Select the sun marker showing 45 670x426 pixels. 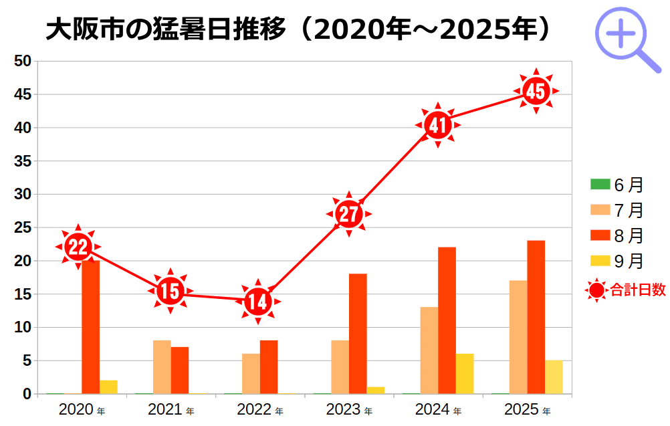536,91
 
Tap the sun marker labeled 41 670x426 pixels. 438,125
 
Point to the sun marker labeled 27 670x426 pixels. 348,214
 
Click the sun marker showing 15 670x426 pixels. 171,291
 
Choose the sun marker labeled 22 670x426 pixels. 78,247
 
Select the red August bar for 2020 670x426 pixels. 91,327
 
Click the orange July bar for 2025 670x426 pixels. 518,337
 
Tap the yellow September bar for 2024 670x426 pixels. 465,374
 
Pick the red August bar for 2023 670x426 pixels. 358,334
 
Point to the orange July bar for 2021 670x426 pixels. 162,367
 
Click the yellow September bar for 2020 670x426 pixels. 108,387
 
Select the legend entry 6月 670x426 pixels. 617,185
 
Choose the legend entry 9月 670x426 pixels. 617,261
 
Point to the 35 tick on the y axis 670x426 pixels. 23,161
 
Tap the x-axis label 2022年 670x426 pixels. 259,409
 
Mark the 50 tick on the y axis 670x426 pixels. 23,62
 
